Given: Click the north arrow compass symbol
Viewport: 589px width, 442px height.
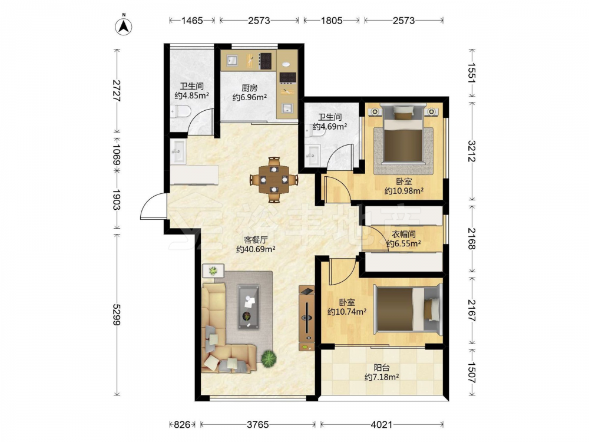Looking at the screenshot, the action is coord(123,25).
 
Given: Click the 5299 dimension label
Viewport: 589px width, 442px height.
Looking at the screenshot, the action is coord(117,315).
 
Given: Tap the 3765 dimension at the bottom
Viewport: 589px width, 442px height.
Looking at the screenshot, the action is coord(258,425).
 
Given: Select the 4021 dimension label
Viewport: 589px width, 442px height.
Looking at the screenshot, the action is coord(381,425).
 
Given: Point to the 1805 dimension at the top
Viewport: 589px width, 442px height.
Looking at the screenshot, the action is coord(331,20).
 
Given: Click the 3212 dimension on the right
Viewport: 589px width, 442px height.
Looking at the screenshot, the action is coord(472,151).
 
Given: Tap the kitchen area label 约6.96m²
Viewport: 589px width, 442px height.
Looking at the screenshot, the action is coord(249,98).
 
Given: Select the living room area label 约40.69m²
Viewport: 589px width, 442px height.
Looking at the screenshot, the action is coord(256,249).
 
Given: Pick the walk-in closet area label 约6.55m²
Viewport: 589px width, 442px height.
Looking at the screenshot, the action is coord(403,243).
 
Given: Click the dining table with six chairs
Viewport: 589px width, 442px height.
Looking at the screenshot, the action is coord(274,180).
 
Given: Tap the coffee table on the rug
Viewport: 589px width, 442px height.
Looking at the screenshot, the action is coord(249,307).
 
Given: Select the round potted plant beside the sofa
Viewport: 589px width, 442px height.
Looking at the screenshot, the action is coord(269,358).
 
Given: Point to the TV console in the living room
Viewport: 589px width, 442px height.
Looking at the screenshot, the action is coord(306,318).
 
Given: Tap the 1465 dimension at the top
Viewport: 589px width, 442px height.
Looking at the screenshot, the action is coord(192,20).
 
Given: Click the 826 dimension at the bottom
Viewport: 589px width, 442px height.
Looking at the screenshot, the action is coord(182,425).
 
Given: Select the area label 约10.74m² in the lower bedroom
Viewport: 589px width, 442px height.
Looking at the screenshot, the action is coord(347,312).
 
